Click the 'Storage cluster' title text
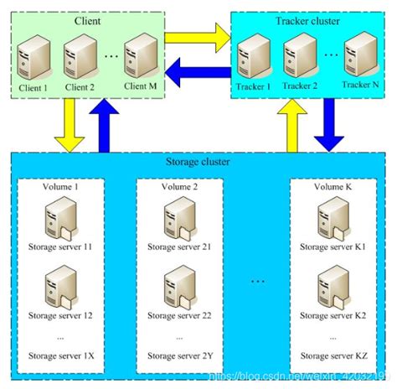point(198,162)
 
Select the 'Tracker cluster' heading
point(307,20)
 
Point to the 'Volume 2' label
point(179,187)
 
